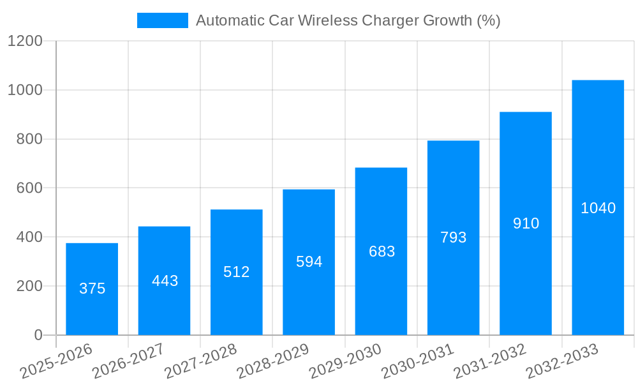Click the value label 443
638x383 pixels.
tap(165, 281)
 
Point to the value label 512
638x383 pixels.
tap(237, 272)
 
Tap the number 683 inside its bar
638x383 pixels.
tap(382, 252)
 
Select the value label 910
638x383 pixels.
tap(526, 223)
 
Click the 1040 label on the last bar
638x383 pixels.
tap(598, 208)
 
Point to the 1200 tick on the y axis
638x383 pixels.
tap(25, 41)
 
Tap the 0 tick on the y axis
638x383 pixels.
tap(38, 335)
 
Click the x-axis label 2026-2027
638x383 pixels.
tap(128, 361)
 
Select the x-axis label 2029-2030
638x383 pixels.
tap(345, 361)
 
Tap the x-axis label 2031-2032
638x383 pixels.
tap(490, 361)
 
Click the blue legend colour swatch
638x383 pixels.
tap(162, 20)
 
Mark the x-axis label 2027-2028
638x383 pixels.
tap(200, 361)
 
